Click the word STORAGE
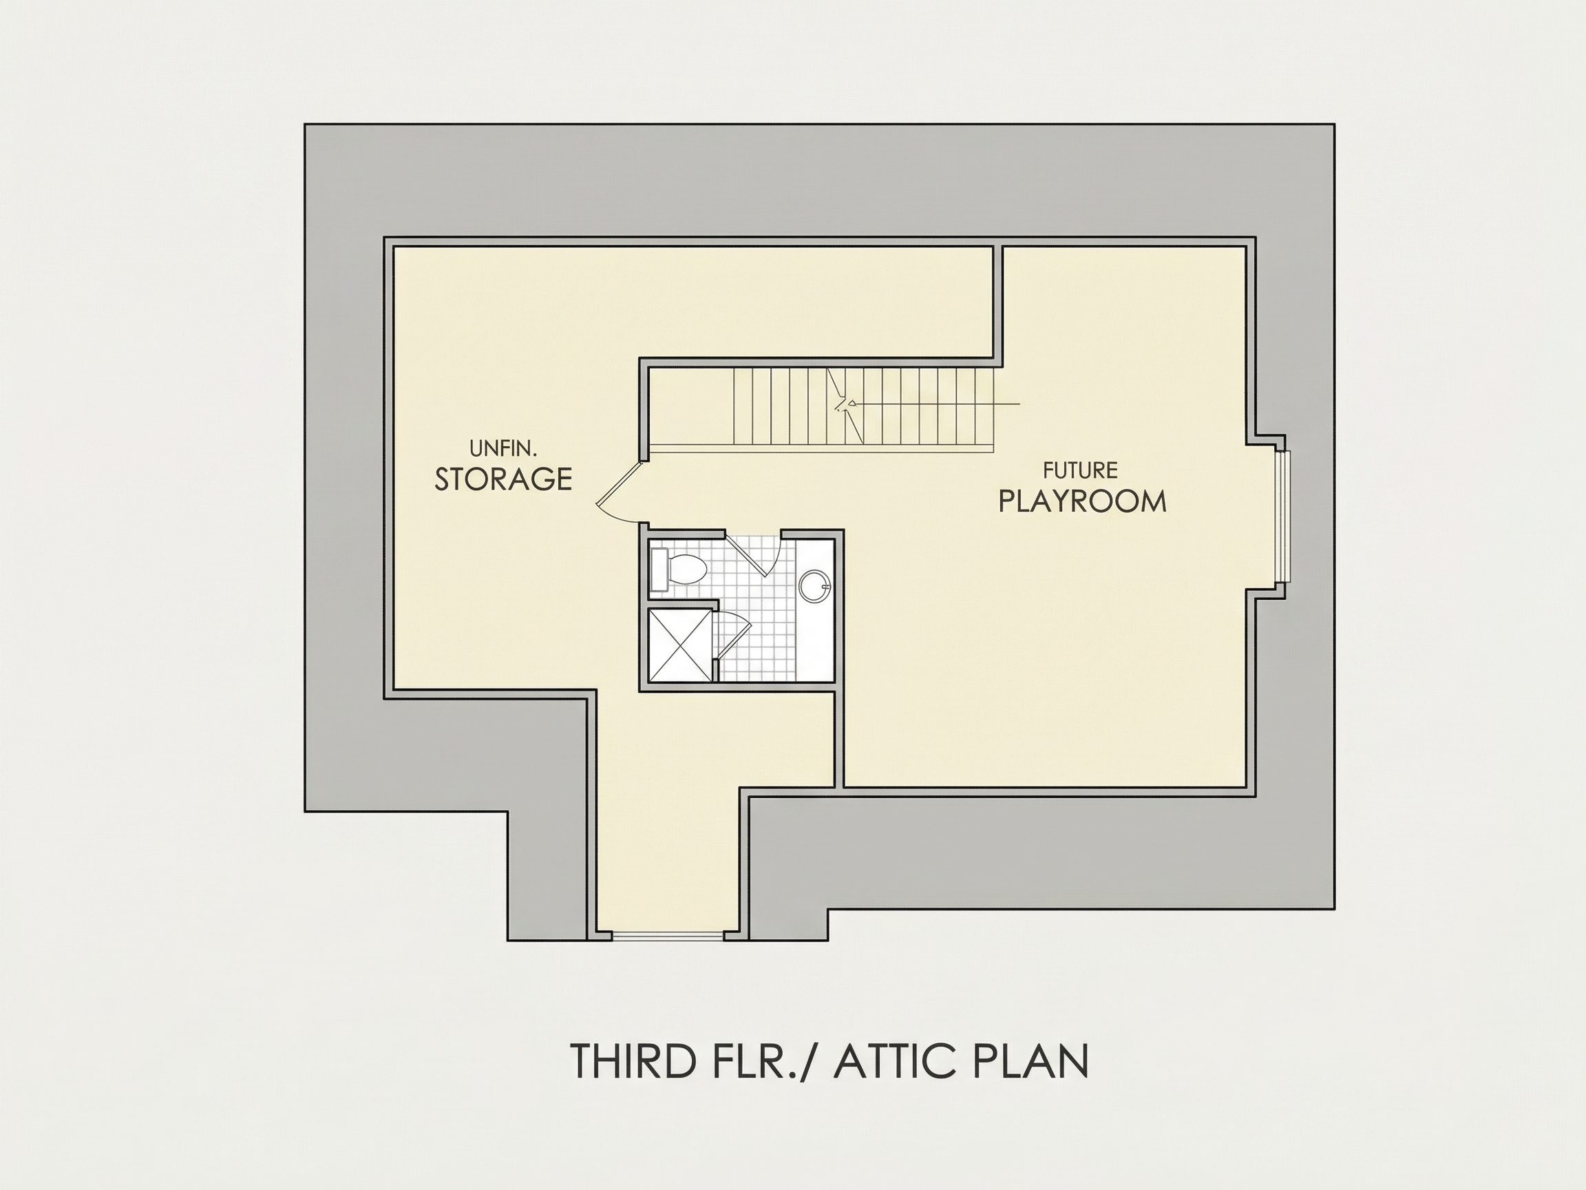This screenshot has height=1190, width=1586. [503, 479]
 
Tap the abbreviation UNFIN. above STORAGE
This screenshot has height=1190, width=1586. [503, 449]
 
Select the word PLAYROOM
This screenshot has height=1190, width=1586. [1083, 501]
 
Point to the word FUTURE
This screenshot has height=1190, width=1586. [1081, 470]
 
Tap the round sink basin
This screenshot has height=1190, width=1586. [814, 585]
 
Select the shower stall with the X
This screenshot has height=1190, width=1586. [680, 645]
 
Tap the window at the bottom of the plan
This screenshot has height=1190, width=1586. [668, 935]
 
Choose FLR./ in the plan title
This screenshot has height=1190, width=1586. [765, 1061]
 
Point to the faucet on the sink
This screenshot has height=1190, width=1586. [826, 585]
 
